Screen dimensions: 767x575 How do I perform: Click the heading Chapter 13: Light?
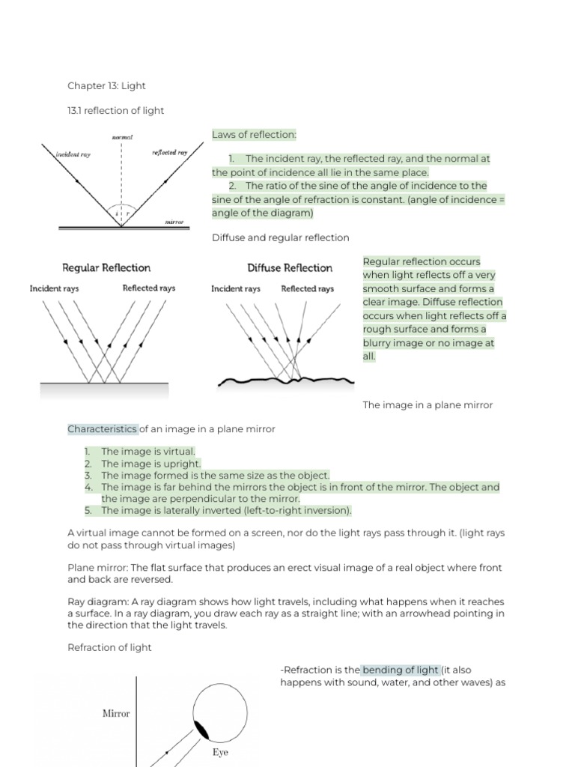click(106, 86)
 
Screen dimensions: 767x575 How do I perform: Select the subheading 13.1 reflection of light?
click(115, 111)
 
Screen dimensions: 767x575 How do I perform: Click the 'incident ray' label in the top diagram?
click(73, 154)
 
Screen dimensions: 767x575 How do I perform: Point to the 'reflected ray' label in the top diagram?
click(169, 152)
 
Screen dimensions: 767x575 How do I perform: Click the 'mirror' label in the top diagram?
click(174, 222)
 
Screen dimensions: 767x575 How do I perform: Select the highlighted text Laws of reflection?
click(254, 135)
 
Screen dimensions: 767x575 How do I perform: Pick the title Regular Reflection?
click(106, 268)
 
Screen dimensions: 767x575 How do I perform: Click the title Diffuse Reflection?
click(290, 268)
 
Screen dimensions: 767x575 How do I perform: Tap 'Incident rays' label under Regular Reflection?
click(54, 288)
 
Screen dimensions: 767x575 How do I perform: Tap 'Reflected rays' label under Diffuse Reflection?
click(307, 288)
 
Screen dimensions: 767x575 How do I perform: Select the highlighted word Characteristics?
click(103, 429)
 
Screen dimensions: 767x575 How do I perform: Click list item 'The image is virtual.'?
click(148, 452)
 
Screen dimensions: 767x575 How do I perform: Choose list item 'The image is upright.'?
click(150, 464)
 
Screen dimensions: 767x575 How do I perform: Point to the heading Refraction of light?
click(109, 648)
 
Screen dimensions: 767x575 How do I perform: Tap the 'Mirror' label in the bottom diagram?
click(116, 714)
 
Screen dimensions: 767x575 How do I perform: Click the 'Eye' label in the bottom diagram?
click(220, 753)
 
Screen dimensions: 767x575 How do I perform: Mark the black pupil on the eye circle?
click(203, 731)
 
